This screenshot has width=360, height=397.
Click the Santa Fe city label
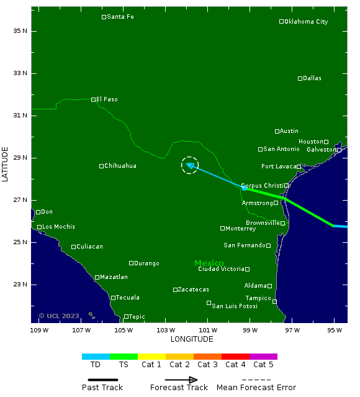(x=120, y=17)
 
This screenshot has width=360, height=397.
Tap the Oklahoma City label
(x=305, y=22)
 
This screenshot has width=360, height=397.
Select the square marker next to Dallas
(x=300, y=78)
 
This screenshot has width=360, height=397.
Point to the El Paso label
(x=107, y=99)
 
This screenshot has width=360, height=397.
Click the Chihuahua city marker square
(x=101, y=166)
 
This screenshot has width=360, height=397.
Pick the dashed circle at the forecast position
(x=190, y=165)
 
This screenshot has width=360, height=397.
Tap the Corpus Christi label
(x=262, y=186)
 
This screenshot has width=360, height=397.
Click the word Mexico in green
(x=209, y=263)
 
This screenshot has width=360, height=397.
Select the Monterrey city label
(x=240, y=229)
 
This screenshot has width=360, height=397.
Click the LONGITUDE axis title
(x=192, y=339)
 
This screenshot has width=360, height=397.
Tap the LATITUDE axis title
(x=6, y=164)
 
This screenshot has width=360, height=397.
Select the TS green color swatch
(x=124, y=357)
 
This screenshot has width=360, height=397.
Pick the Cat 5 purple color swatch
(x=263, y=357)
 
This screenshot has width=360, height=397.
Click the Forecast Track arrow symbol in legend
(x=181, y=380)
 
